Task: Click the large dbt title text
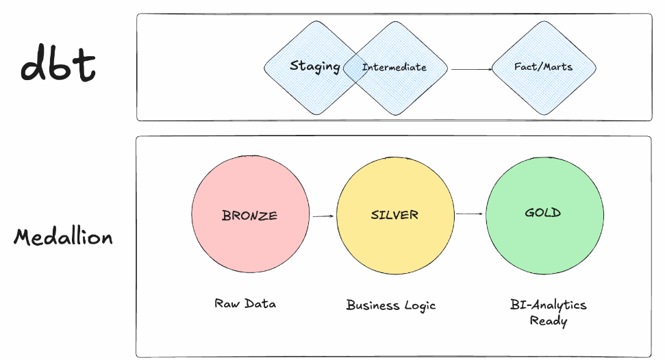[x=58, y=66]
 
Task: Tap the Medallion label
[x=64, y=237]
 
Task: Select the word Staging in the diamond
[x=314, y=66]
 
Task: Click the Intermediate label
[x=394, y=67]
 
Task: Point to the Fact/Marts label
[x=543, y=67]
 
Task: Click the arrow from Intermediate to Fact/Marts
[x=470, y=68]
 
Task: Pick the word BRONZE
[x=249, y=216]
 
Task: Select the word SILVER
[x=394, y=215]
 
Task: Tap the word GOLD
[x=543, y=213]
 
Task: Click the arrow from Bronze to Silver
[x=323, y=216]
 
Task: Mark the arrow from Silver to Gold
[x=470, y=214]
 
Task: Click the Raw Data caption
[x=245, y=303]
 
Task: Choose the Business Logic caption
[x=390, y=305]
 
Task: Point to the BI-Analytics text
[x=548, y=305]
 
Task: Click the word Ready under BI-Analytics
[x=548, y=320]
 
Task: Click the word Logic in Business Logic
[x=419, y=306]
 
